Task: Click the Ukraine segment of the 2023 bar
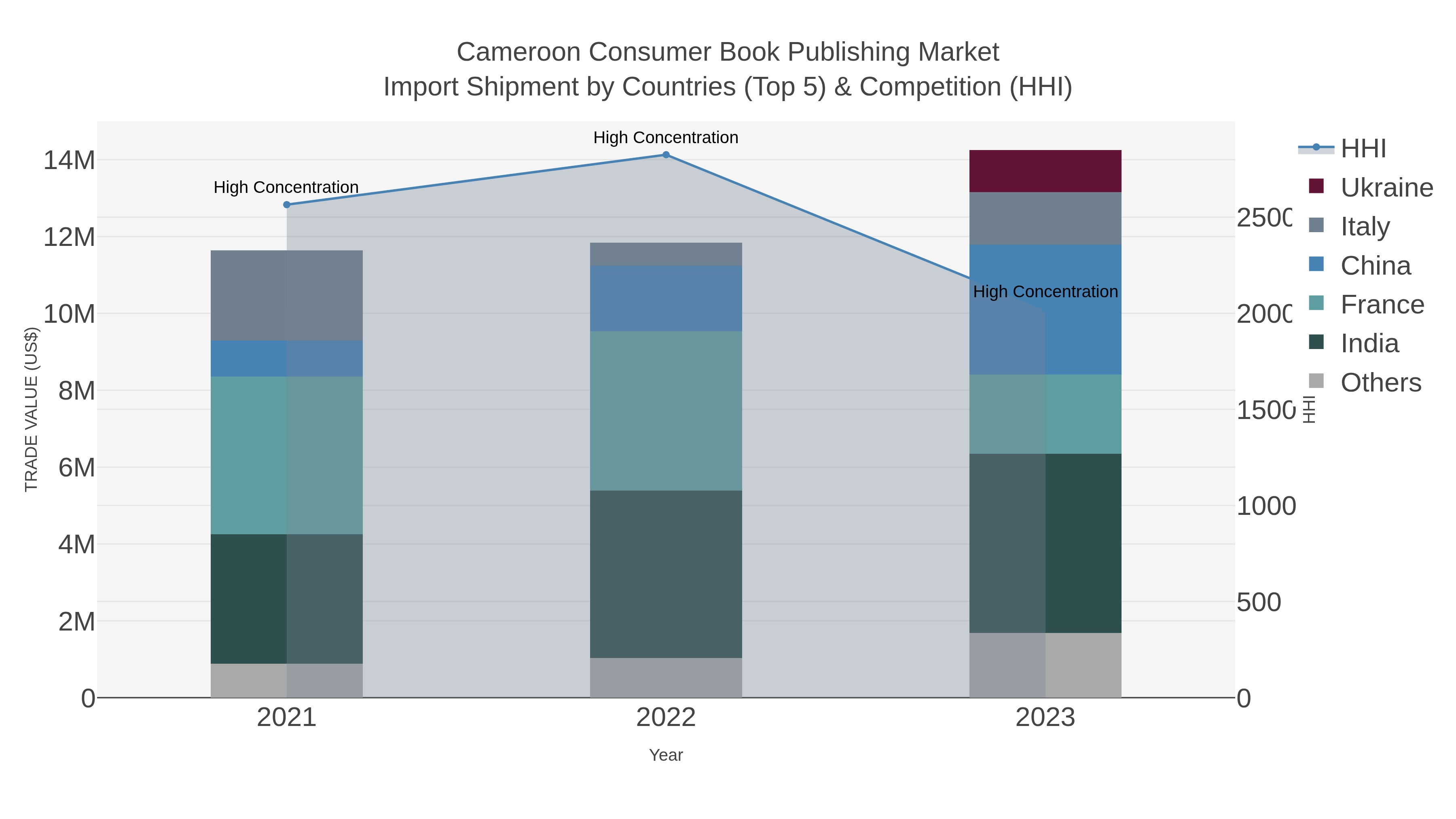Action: click(1045, 171)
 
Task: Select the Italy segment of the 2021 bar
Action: click(287, 295)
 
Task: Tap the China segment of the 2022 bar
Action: click(666, 298)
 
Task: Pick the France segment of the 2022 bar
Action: click(666, 411)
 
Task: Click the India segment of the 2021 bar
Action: click(287, 599)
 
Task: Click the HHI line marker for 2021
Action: click(287, 205)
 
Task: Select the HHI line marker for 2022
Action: click(666, 155)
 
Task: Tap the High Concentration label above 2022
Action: click(666, 138)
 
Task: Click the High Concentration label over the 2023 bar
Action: click(1045, 292)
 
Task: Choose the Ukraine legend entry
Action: click(1386, 188)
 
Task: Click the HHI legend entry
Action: click(1363, 149)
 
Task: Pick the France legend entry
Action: click(1382, 305)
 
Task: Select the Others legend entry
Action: click(1380, 383)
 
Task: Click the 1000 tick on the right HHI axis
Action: click(1266, 506)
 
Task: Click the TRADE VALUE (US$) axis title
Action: click(31, 409)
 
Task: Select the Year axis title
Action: click(666, 755)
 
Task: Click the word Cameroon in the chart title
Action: click(518, 52)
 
